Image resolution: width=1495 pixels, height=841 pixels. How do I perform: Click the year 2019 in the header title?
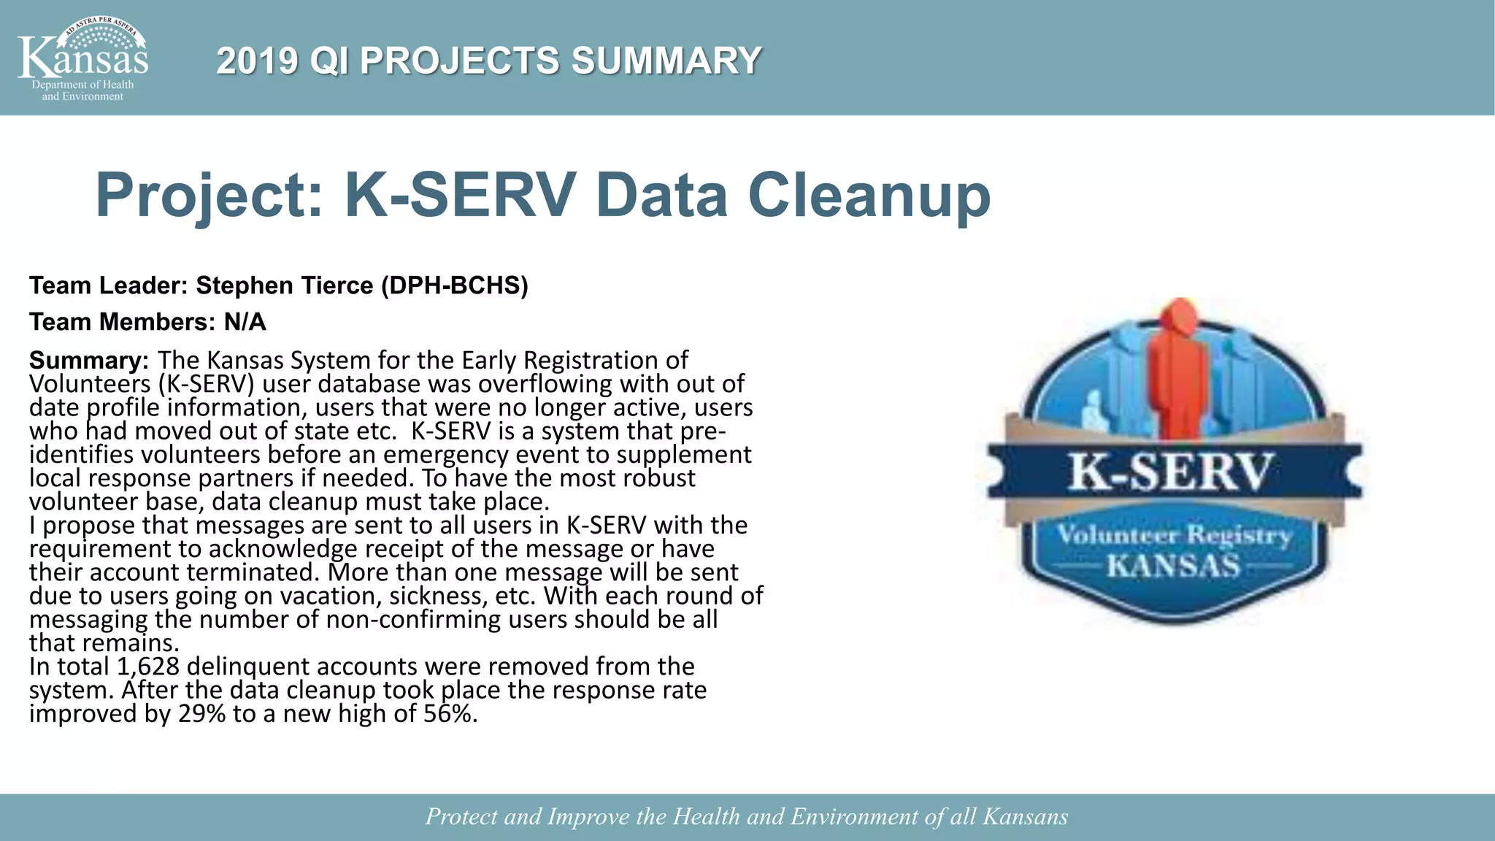257,61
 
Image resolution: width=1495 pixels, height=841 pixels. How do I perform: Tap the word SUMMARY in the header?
666,61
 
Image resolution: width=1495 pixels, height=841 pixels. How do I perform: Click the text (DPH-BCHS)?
454,285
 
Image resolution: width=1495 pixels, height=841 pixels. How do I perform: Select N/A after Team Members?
245,322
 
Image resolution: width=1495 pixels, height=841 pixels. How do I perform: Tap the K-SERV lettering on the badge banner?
1172,472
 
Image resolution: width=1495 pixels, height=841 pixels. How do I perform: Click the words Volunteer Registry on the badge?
1174,536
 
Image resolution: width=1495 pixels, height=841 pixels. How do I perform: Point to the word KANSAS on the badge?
1173,566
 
